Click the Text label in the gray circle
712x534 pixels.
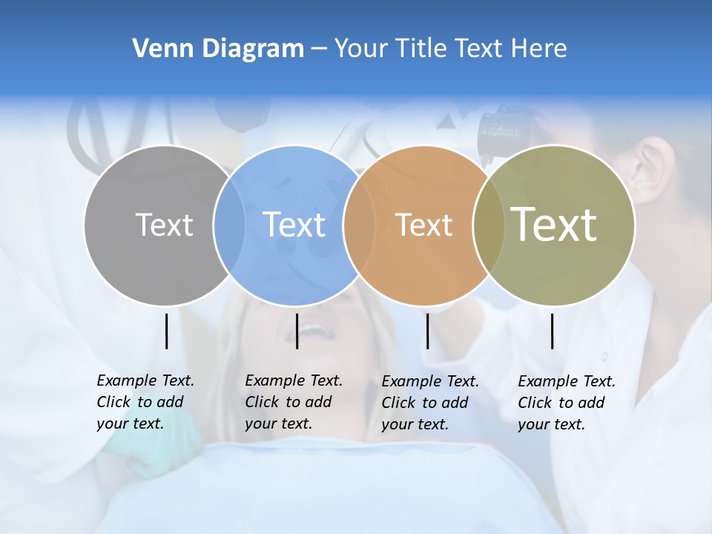click(x=164, y=225)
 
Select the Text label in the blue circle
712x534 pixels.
click(x=294, y=225)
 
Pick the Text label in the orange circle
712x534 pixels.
click(x=423, y=225)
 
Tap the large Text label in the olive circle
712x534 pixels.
click(x=553, y=224)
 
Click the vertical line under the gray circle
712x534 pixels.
click(x=166, y=331)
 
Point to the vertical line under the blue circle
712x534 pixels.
click(x=297, y=331)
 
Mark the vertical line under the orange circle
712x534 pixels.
click(x=427, y=331)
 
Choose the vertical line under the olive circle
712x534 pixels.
click(x=552, y=331)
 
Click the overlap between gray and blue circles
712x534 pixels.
click(x=229, y=225)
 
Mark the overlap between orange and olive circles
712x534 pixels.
click(x=487, y=225)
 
